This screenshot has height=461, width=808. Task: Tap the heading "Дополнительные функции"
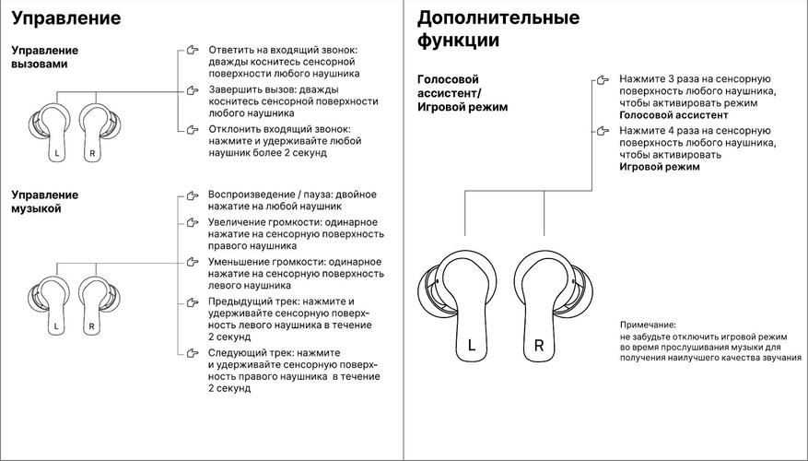tap(498, 29)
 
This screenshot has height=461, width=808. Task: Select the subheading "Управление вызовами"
tap(44, 57)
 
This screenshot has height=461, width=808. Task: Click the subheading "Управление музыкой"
tap(44, 201)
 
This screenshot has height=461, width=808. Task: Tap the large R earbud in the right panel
tap(545, 305)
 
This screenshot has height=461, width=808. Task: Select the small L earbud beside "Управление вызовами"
tap(53, 132)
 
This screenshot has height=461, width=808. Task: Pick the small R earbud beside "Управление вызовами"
tap(94, 132)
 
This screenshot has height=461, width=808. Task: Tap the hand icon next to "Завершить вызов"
tap(192, 89)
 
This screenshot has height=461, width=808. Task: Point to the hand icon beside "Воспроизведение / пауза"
tap(192, 195)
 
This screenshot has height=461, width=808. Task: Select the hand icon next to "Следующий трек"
tap(192, 353)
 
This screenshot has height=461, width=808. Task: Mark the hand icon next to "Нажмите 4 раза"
tap(603, 133)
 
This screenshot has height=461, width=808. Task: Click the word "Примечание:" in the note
tap(648, 325)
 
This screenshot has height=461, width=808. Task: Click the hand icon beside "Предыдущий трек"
tap(192, 301)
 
